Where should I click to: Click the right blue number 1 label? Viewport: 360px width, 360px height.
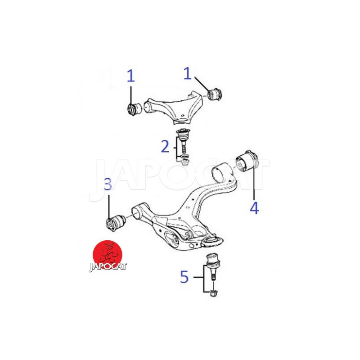point(187,73)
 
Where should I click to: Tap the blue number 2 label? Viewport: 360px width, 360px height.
point(165,146)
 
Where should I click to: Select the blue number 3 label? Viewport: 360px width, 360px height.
point(108,184)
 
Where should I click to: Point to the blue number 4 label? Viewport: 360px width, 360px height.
point(254,208)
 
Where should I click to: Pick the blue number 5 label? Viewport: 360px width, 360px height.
point(184,277)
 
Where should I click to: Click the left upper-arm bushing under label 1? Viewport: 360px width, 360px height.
point(135,109)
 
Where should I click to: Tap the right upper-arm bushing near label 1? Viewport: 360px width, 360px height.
point(215,94)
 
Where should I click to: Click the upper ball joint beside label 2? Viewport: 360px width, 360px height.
point(184,141)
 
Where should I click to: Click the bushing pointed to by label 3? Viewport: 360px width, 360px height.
point(116,223)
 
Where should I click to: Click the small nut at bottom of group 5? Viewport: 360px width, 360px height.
point(214,293)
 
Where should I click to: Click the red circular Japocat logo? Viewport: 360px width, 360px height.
point(108,255)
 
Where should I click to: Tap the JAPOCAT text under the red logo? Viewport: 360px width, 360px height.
point(108,267)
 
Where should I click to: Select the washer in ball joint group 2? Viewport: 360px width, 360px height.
point(184,157)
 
